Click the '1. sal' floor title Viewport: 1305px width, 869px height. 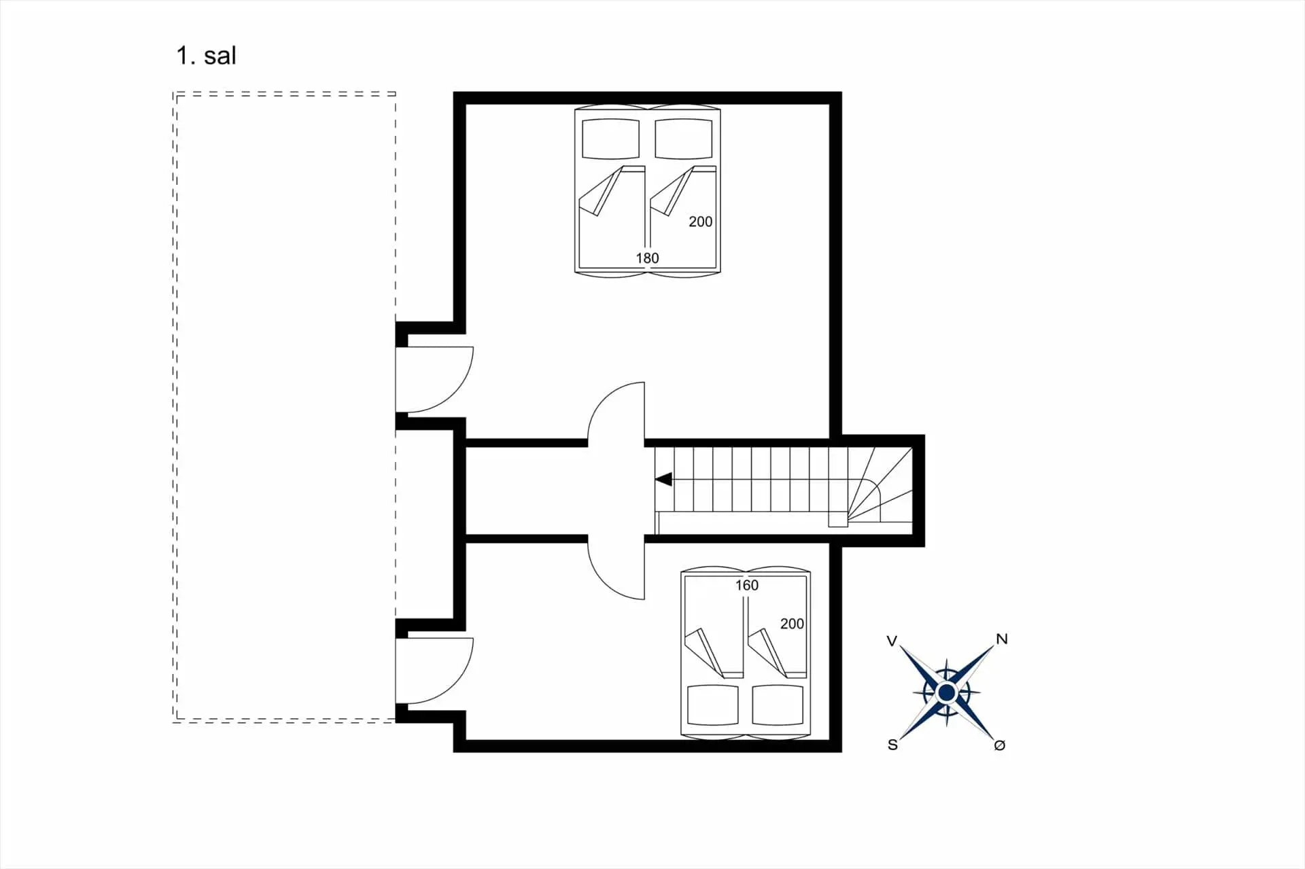[206, 56]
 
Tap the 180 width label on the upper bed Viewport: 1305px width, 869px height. [647, 258]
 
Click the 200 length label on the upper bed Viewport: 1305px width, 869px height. [701, 221]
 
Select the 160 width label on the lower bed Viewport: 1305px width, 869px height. [746, 585]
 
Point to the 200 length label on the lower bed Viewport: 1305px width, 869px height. [792, 624]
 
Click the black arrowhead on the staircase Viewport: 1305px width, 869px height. [663, 479]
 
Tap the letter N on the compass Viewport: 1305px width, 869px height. [1002, 639]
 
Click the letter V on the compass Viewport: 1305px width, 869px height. [892, 641]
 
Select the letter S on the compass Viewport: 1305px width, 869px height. [892, 745]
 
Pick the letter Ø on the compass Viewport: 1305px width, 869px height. [999, 745]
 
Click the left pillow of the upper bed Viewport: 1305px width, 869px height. [611, 139]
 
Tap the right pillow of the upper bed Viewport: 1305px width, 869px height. [684, 139]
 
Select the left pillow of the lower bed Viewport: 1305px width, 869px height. [713, 705]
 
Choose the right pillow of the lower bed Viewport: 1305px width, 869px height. [778, 705]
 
